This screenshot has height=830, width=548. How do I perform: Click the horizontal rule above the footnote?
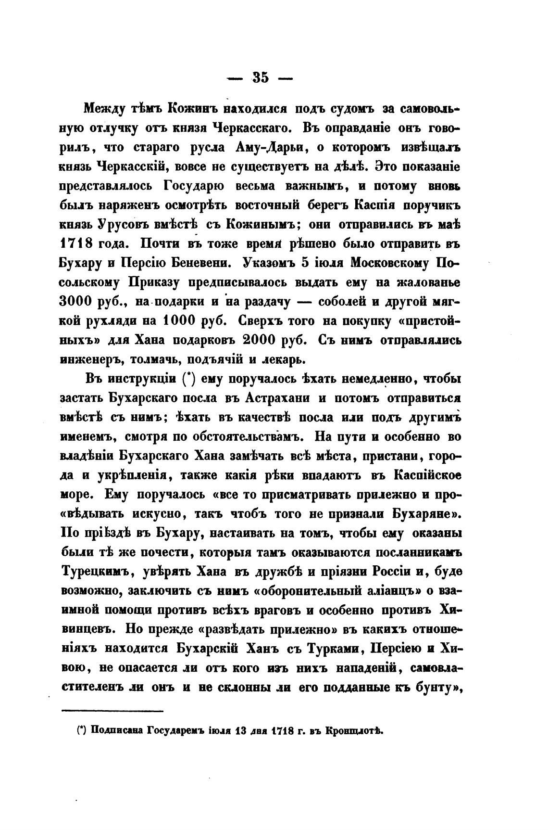(113, 711)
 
